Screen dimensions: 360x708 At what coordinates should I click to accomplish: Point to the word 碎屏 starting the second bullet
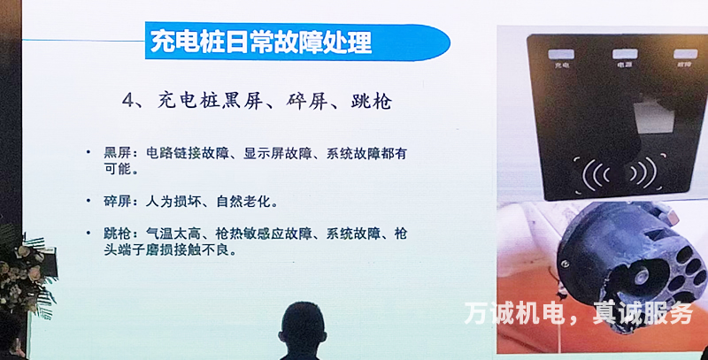[116, 201]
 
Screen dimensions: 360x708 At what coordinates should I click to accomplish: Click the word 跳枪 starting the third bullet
[116, 234]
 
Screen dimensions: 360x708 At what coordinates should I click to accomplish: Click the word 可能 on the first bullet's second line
[117, 168]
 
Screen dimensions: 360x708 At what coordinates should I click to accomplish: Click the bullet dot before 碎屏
[88, 199]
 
